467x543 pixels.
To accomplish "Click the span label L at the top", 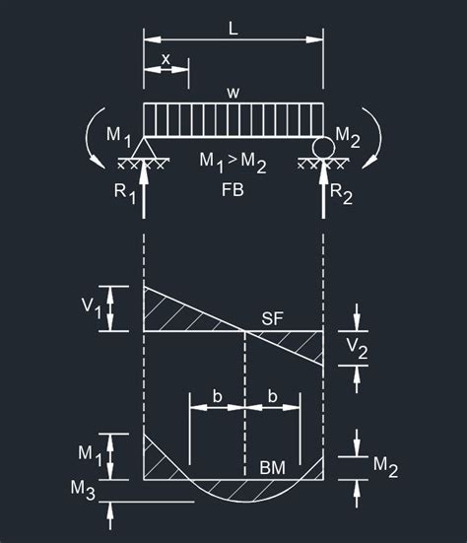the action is [233, 29].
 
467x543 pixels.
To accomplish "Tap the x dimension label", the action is [167, 59].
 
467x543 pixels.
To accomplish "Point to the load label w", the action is [233, 93].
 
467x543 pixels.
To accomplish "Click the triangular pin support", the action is [144, 148].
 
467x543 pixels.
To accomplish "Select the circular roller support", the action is [324, 148].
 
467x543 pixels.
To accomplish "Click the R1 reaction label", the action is [125, 193].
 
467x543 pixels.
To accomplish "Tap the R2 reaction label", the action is [341, 193].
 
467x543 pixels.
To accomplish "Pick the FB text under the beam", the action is [233, 190].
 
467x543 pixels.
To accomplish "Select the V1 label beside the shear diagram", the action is [92, 307].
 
